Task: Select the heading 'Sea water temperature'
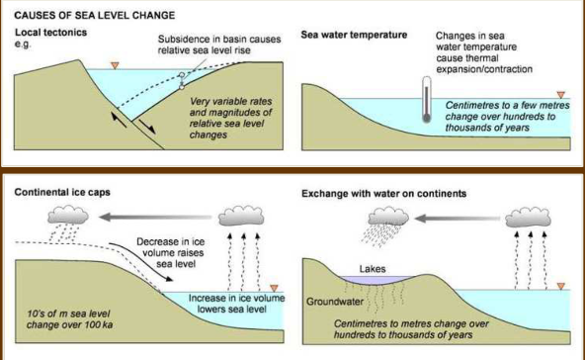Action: coord(354,35)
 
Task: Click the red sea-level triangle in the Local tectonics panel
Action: coord(115,65)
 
